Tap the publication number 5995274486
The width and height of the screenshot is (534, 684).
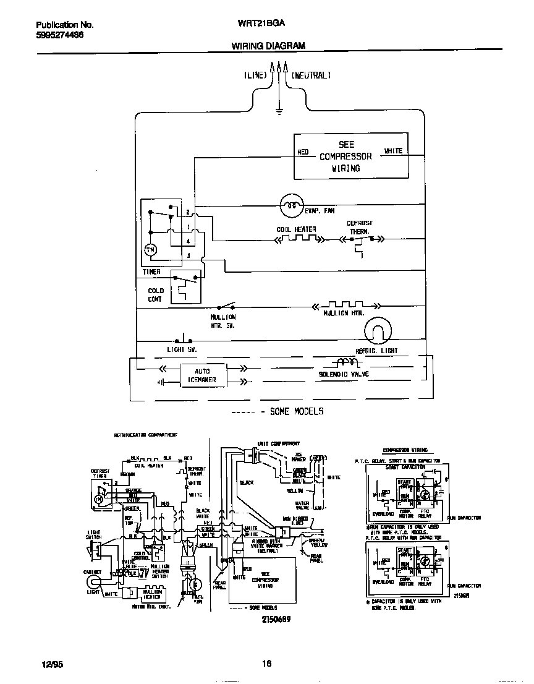coord(60,35)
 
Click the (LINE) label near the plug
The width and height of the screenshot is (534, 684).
coord(255,75)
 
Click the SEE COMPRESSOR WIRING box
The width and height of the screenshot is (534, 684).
coord(345,156)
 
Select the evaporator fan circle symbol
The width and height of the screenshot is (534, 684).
coord(292,206)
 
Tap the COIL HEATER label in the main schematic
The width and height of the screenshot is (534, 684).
coord(296,229)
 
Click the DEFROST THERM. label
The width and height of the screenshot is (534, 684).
coord(359,227)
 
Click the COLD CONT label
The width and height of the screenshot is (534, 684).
coord(156,294)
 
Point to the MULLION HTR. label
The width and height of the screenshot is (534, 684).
coord(344,314)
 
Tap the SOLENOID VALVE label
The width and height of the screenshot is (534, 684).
coord(344,375)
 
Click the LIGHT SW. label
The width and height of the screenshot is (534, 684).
coord(182,350)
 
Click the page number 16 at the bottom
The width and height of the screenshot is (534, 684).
coord(266,664)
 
